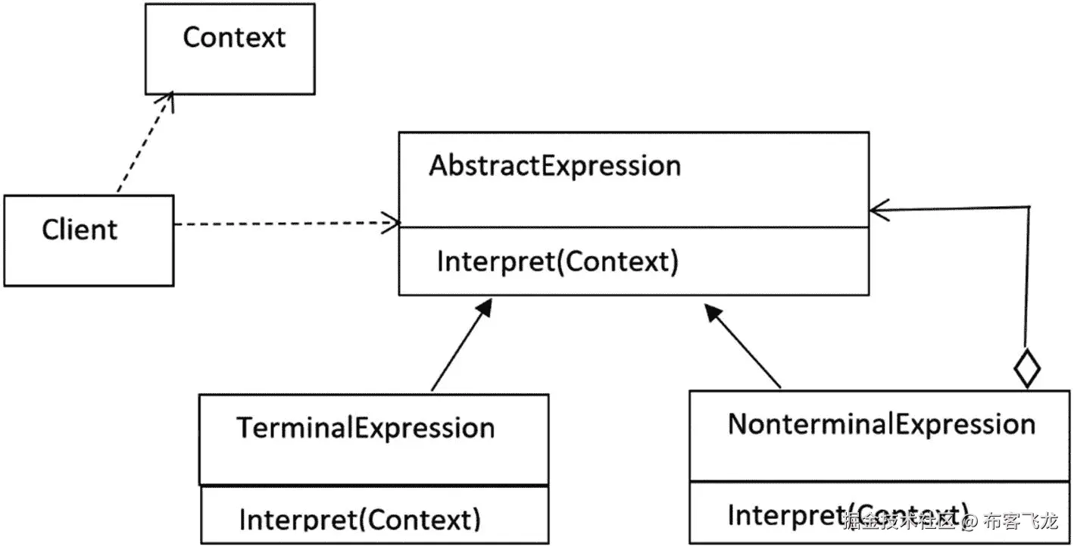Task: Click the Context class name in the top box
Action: coord(234,38)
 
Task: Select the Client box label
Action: coord(80,230)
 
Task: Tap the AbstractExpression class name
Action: coord(554,166)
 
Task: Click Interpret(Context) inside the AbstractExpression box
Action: coord(557,261)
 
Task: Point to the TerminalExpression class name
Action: coord(366,428)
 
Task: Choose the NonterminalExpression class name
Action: coord(881,424)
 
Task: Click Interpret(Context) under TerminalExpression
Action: coord(360,520)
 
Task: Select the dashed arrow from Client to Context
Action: coord(144,144)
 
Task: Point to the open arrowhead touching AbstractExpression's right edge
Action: coord(879,211)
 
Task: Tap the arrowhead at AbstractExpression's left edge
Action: coord(391,223)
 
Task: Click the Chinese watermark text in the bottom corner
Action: coord(951,521)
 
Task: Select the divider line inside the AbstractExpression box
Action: coord(633,227)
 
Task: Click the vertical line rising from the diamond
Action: coord(1028,280)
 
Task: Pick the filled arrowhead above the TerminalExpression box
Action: coord(483,308)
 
